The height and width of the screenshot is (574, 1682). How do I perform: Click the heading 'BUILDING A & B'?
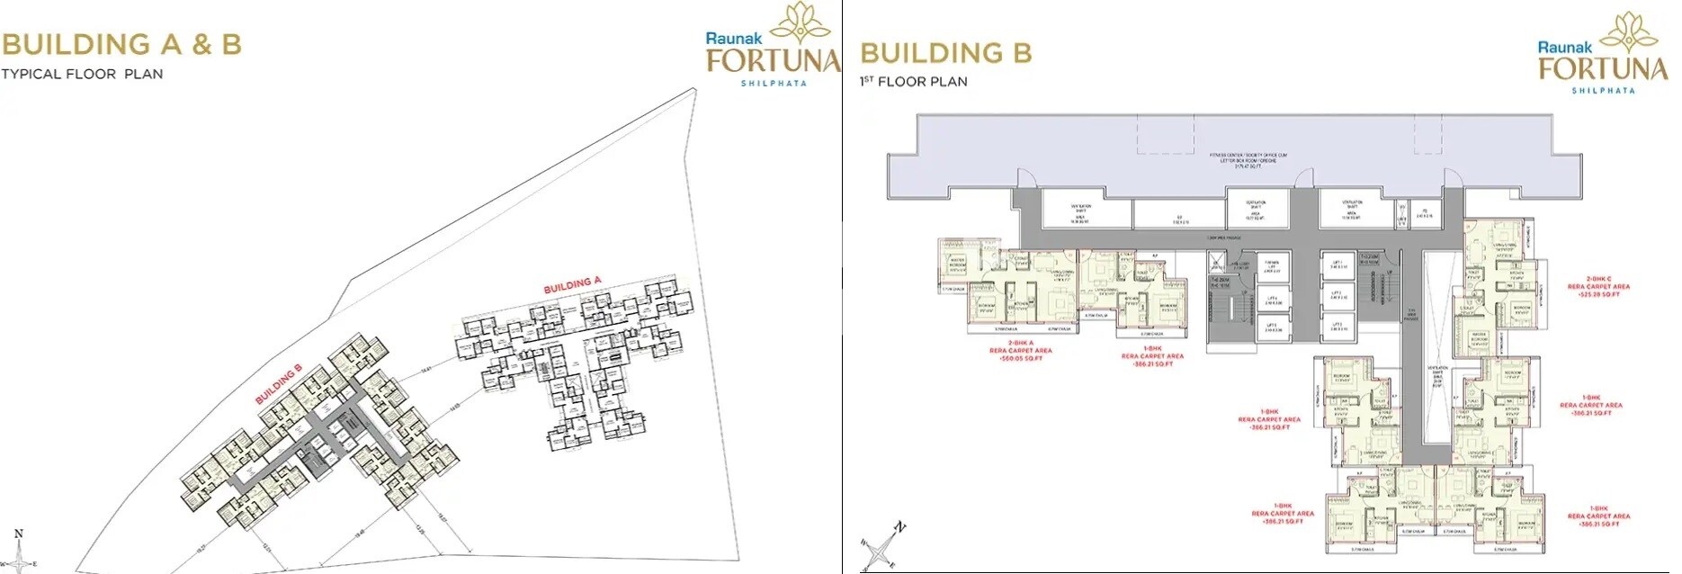(121, 44)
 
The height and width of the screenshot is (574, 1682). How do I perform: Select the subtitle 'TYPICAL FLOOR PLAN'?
(82, 75)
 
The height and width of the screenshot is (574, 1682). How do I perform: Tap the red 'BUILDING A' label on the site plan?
(572, 285)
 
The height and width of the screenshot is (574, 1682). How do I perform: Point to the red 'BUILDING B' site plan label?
(279, 383)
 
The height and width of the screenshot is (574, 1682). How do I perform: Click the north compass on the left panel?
(19, 552)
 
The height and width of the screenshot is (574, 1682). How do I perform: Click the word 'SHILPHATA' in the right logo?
(1603, 91)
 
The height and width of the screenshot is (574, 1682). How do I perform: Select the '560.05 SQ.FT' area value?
(1020, 358)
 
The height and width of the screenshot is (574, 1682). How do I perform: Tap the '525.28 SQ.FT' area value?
(1598, 294)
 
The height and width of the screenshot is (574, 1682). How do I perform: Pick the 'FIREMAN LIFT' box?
(1272, 265)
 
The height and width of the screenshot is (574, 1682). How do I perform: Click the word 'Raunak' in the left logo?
(733, 39)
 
